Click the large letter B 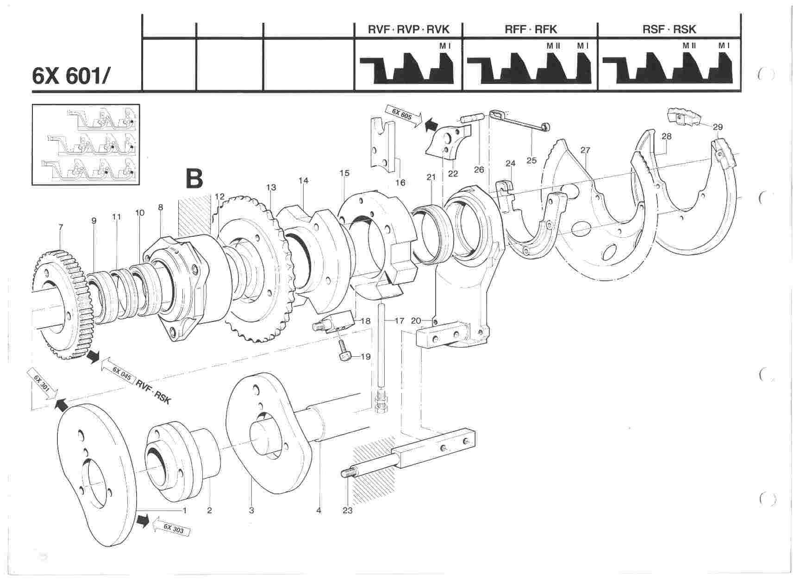(194, 179)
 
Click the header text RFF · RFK (531, 30)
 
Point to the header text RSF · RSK (669, 30)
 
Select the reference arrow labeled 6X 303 (174, 528)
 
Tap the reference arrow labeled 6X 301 (42, 383)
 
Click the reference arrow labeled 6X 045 (118, 372)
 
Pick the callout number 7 (61, 227)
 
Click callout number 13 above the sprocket (271, 187)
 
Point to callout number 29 (718, 127)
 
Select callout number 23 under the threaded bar (347, 510)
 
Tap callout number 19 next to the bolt (366, 357)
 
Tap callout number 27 (585, 150)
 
